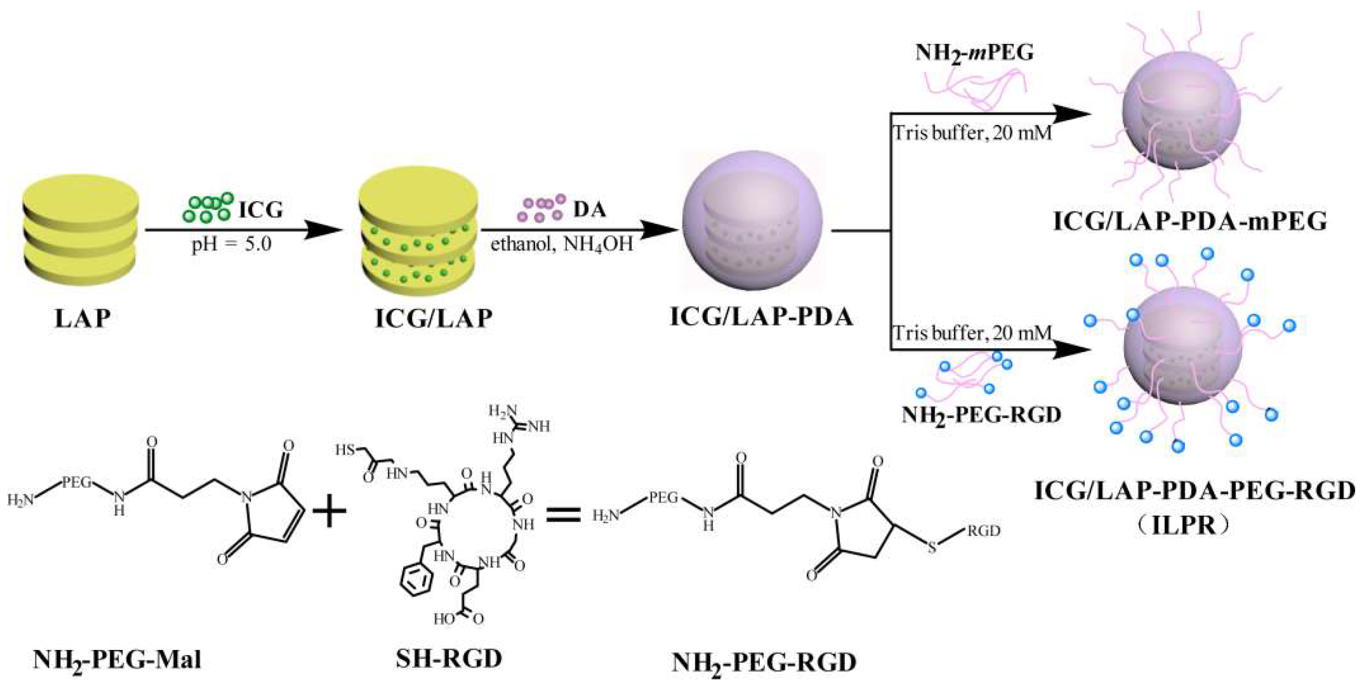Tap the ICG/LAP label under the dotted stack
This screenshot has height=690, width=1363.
433,318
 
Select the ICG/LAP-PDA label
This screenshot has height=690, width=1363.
761,317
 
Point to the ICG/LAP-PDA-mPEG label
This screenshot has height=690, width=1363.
1190,222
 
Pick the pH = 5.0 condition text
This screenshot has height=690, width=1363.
231,245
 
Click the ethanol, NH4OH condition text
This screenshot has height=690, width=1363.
561,245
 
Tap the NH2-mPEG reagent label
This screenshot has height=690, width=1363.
974,53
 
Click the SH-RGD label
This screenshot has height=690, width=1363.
449,659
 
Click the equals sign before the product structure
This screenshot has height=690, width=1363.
563,514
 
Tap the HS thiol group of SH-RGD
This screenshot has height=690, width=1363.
345,450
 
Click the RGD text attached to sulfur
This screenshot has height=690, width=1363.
984,530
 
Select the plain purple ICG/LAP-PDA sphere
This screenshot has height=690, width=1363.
752,221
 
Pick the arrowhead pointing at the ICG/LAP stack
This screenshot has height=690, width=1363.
322,231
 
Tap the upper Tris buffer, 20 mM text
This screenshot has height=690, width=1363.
972,133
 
